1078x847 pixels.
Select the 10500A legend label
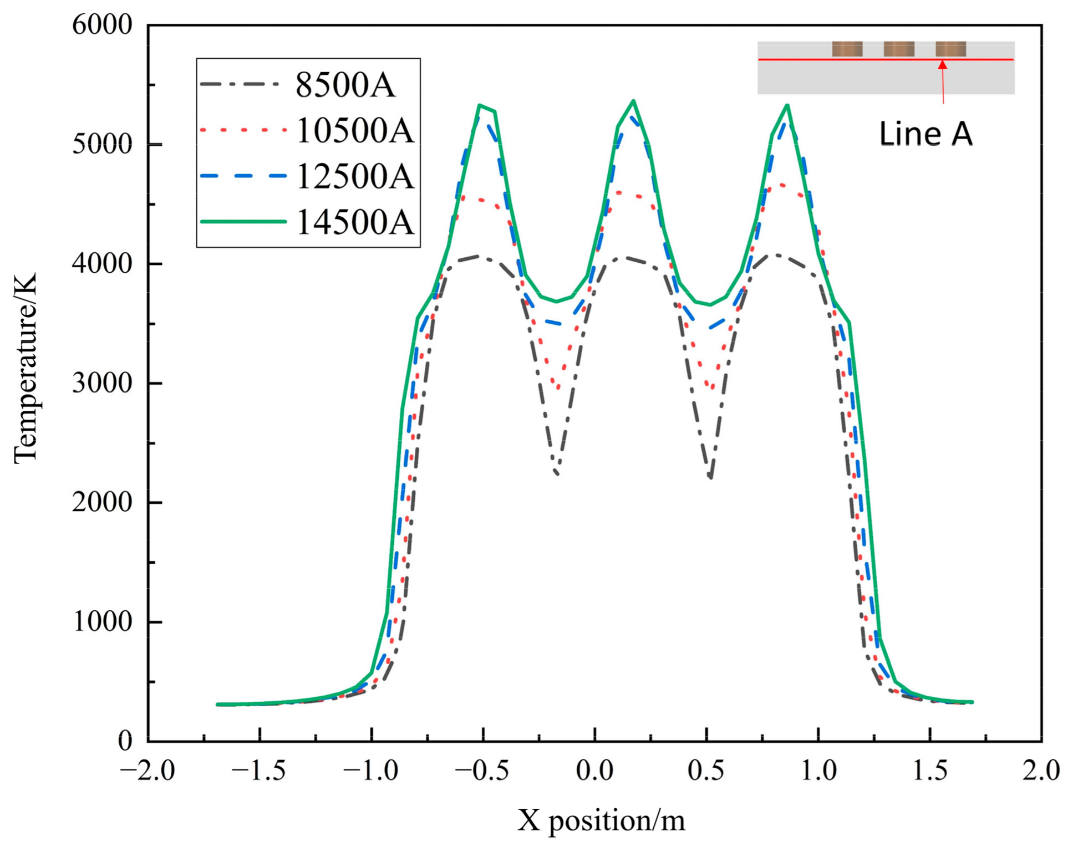pyautogui.click(x=355, y=131)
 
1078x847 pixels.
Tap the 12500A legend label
pyautogui.click(x=355, y=176)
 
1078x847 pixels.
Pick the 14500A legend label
pyautogui.click(x=355, y=222)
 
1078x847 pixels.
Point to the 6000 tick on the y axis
pyautogui.click(x=102, y=25)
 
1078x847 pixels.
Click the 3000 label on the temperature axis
pyautogui.click(x=102, y=383)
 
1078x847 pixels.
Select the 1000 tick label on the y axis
pyautogui.click(x=102, y=621)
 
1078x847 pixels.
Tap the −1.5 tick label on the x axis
pyautogui.click(x=258, y=771)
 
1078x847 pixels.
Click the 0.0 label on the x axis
pyautogui.click(x=594, y=771)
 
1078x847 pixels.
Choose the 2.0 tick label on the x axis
pyautogui.click(x=1041, y=771)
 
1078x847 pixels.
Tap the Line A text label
pyautogui.click(x=926, y=134)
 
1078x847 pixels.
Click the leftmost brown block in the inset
pyautogui.click(x=847, y=49)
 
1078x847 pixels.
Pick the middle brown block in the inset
pyautogui.click(x=898, y=49)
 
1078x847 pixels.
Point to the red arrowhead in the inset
pyautogui.click(x=942, y=64)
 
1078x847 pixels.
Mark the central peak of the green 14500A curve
pyautogui.click(x=633, y=101)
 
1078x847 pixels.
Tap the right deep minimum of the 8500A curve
pyautogui.click(x=711, y=477)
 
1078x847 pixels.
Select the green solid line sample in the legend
pyautogui.click(x=243, y=222)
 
